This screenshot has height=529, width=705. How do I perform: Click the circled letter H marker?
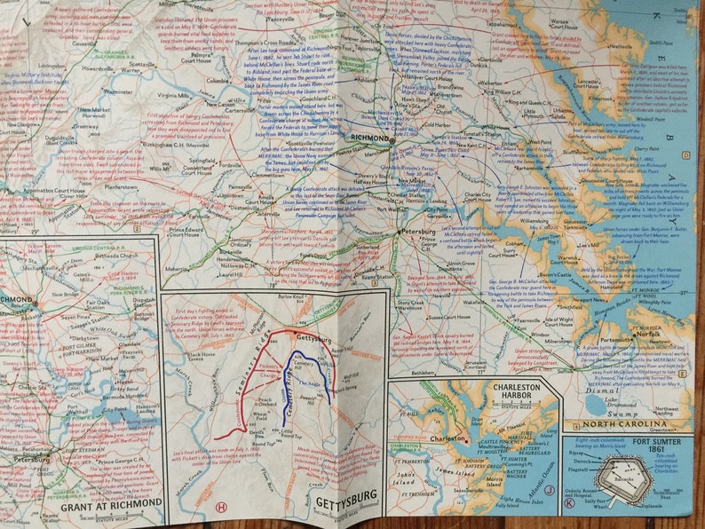(x=220, y=507)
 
